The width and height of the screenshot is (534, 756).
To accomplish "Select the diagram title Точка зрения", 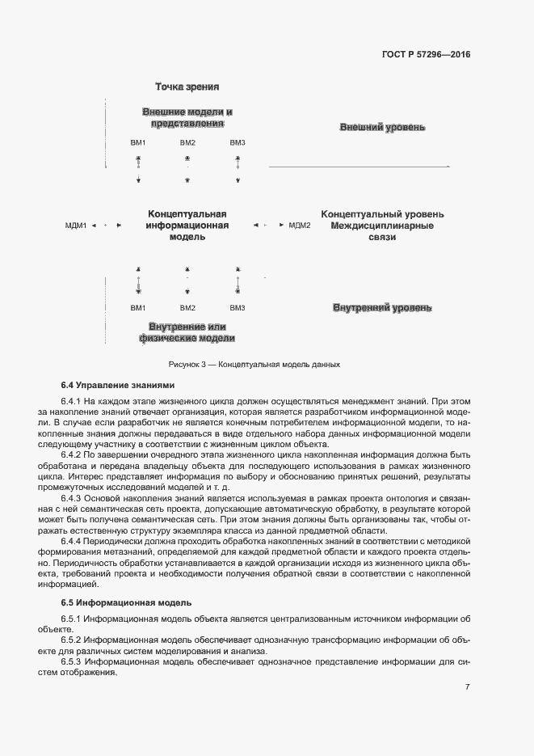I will (x=187, y=87).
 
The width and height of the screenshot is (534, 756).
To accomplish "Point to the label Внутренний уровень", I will (x=382, y=308).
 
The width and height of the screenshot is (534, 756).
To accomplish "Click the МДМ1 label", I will (x=76, y=226).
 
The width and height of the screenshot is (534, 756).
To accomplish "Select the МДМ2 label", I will (x=299, y=226).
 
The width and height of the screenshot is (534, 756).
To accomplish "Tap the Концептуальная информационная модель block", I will (x=187, y=226).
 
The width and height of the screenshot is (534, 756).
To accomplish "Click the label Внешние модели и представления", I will (x=187, y=118).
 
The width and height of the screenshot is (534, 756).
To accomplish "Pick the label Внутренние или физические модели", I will (x=187, y=332).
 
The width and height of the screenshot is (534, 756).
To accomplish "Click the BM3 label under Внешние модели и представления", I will (x=238, y=143).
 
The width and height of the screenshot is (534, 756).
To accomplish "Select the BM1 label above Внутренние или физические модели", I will (x=138, y=308).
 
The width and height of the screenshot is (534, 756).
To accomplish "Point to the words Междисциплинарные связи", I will (x=382, y=232).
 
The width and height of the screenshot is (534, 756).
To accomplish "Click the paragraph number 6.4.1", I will (x=73, y=402).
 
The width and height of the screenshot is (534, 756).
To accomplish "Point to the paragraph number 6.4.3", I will (x=73, y=500).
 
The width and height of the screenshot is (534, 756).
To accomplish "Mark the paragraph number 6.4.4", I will (x=73, y=540).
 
